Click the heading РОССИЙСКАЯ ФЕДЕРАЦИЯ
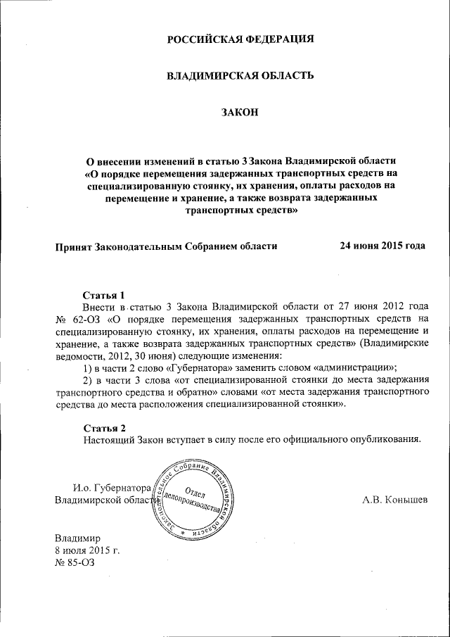239,39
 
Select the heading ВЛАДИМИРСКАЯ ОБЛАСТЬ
239,75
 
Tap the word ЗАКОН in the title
239,112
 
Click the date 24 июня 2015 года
382,246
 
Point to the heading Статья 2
104,428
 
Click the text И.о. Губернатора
112,487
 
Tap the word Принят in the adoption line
75,246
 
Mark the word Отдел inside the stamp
196,490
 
